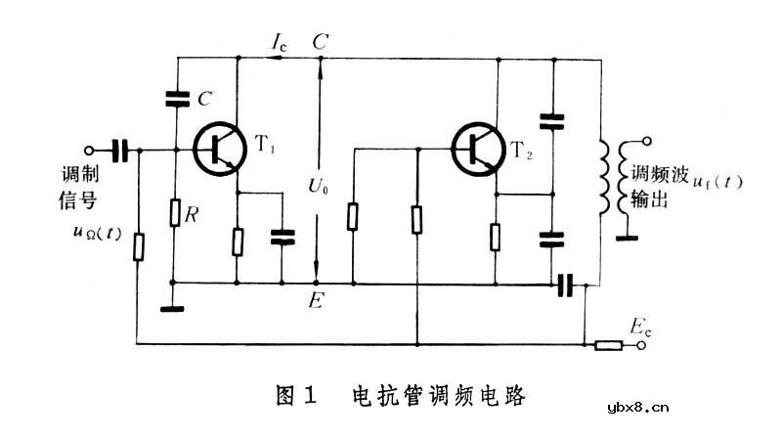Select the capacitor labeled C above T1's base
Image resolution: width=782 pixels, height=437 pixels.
click(176, 98)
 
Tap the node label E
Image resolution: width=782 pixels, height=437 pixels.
click(316, 300)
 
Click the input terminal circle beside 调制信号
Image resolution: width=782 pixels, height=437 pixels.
click(89, 151)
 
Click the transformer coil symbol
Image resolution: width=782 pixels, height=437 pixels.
click(608, 181)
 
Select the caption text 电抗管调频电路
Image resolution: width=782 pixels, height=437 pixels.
click(439, 396)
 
